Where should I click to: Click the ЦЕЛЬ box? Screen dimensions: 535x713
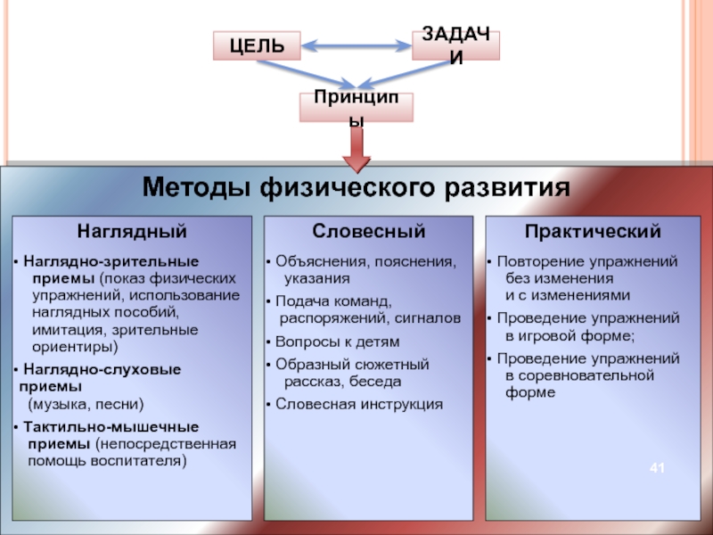point(257,45)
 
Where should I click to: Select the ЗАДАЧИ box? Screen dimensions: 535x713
point(455,45)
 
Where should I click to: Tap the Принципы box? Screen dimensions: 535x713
point(356,106)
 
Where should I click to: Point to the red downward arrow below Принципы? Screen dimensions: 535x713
point(356,152)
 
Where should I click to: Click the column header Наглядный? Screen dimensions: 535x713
point(132,232)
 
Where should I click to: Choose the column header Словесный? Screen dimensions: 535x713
point(368,232)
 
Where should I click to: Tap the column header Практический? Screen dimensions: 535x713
point(593,232)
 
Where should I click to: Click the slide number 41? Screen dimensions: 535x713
point(659,468)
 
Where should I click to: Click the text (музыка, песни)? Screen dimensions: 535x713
point(86,404)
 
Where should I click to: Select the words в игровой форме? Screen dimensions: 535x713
point(568,335)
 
